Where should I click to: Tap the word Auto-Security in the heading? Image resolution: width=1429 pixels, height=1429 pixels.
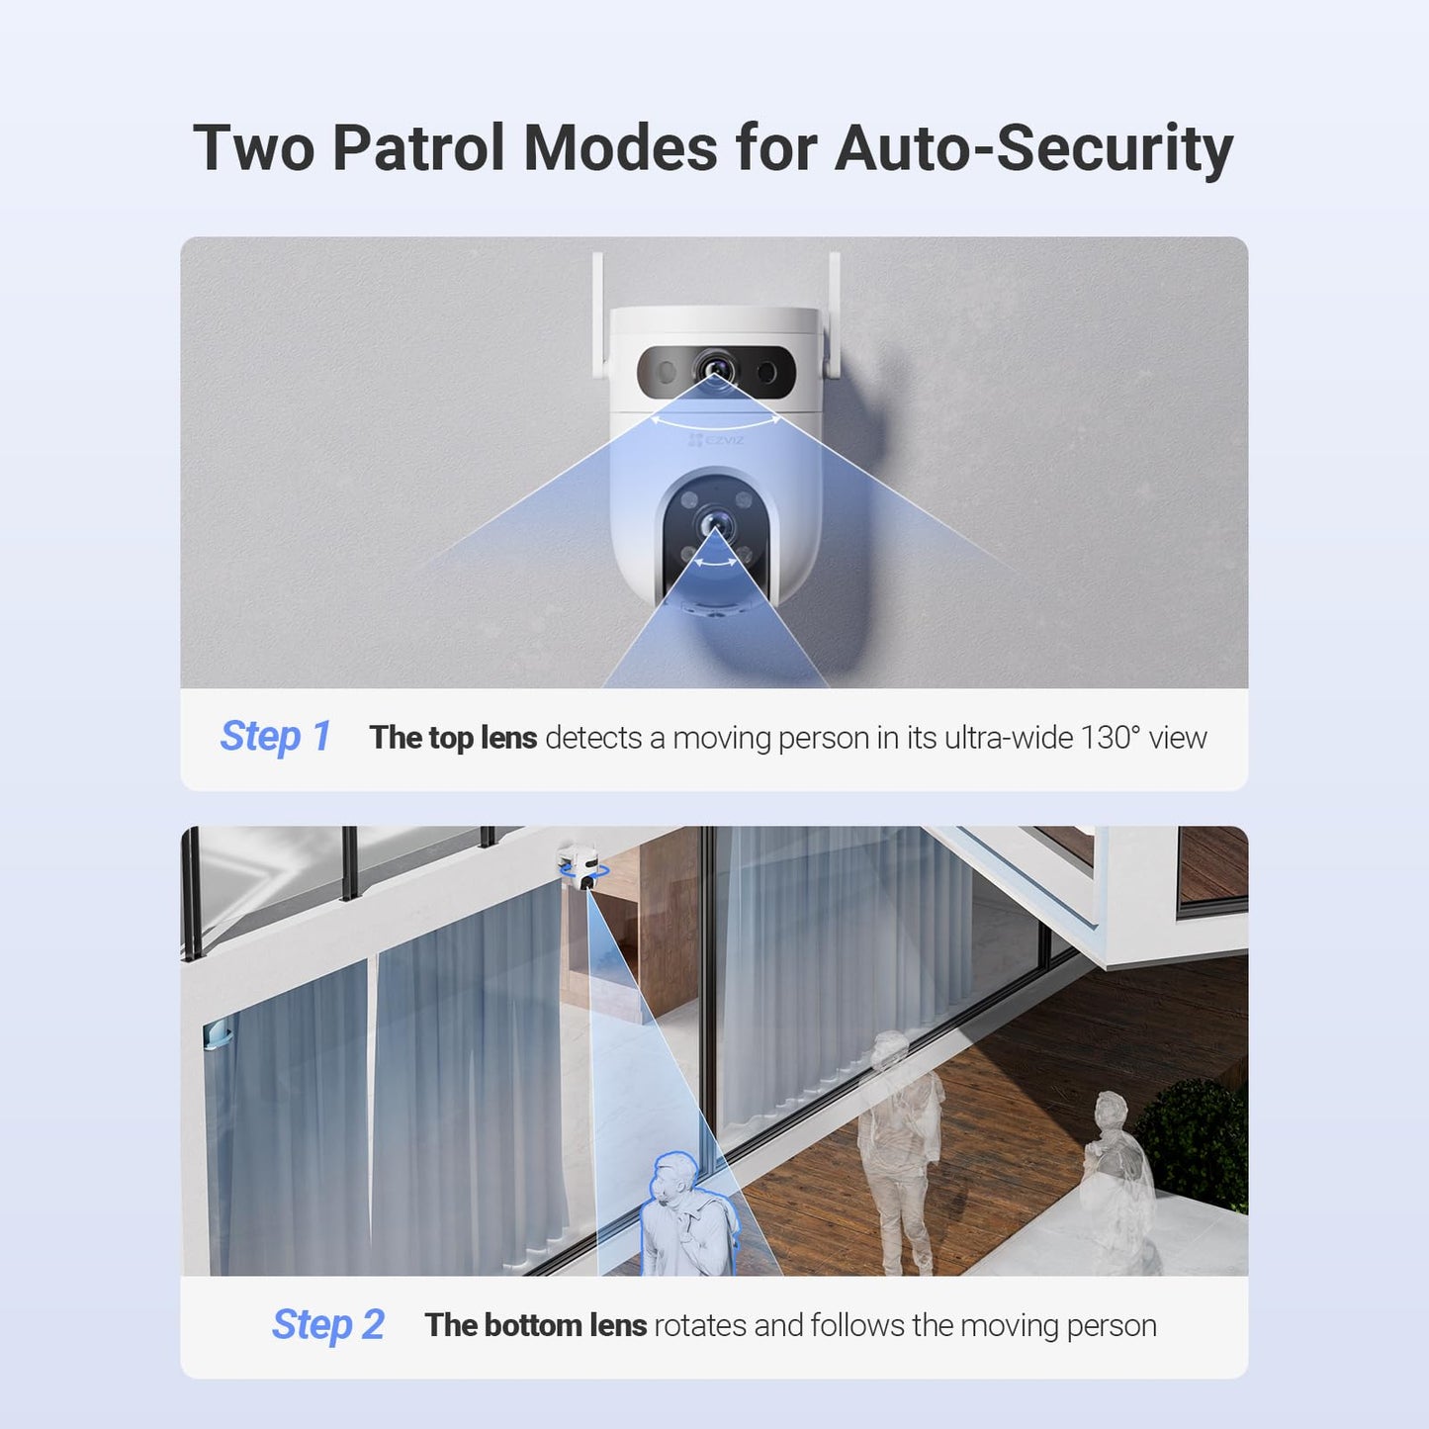point(1033,148)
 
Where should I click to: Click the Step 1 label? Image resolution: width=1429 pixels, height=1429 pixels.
point(275,737)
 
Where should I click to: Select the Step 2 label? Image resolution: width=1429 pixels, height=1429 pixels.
point(327,1325)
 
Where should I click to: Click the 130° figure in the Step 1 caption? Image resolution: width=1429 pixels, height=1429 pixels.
point(1110,738)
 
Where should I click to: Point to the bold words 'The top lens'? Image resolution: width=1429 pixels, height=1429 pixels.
point(453,738)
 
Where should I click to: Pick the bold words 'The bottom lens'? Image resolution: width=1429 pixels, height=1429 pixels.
point(535,1325)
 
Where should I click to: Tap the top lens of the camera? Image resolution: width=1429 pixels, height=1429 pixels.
point(714,370)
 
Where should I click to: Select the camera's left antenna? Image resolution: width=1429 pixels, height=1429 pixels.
point(598,314)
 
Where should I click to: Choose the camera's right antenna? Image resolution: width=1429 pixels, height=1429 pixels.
point(834,314)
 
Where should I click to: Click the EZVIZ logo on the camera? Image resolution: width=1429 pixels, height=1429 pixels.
point(716,440)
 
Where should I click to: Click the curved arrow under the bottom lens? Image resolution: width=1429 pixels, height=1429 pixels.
point(714,563)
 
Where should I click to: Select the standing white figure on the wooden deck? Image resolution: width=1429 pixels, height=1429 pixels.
point(898,1147)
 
